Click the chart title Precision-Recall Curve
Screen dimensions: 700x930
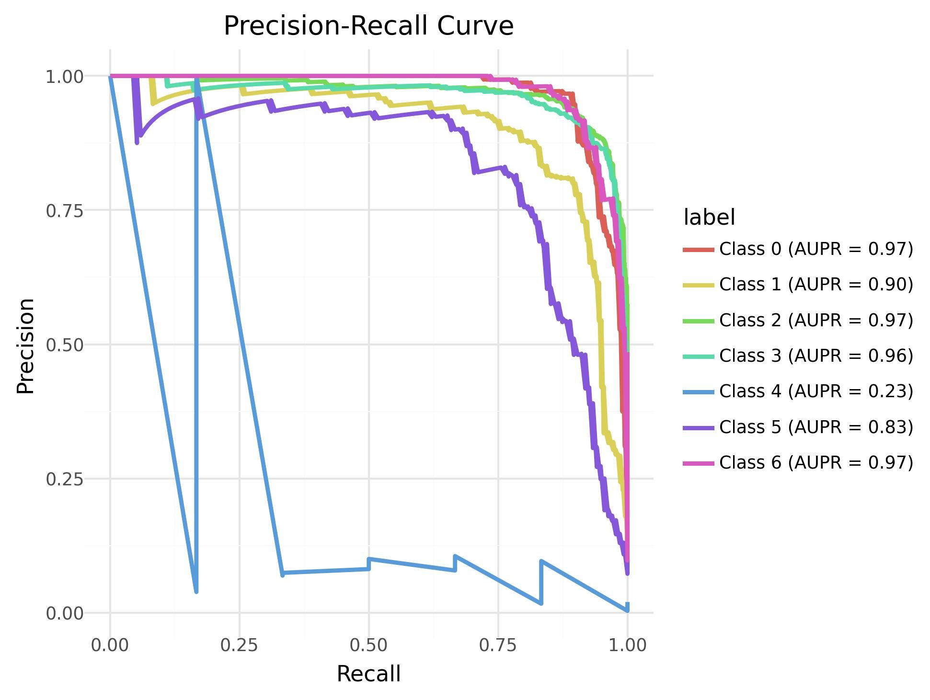(x=368, y=26)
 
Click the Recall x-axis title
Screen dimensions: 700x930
(x=368, y=674)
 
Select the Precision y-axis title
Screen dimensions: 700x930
(x=26, y=345)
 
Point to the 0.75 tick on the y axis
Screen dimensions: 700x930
(x=64, y=211)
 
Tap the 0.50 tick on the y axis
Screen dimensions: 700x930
(x=64, y=345)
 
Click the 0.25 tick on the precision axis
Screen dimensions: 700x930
(x=64, y=479)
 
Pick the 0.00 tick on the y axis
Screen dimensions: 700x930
(x=64, y=613)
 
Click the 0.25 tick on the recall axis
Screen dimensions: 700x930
(x=239, y=645)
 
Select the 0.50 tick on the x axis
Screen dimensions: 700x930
(x=368, y=645)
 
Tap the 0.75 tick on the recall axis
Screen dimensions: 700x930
(x=498, y=645)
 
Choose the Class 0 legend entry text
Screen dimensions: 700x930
(x=816, y=249)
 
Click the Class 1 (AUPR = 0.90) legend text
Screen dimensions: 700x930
(x=816, y=284)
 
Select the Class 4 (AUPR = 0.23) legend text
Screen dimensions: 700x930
(x=816, y=391)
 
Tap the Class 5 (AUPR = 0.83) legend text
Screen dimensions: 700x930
(x=816, y=426)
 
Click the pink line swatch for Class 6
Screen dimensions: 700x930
(x=698, y=462)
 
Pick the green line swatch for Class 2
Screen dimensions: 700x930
(x=698, y=320)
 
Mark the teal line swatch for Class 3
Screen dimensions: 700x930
(x=698, y=356)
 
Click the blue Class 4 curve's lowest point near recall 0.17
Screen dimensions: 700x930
(x=196, y=591)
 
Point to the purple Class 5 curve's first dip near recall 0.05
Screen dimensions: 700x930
(x=137, y=141)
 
